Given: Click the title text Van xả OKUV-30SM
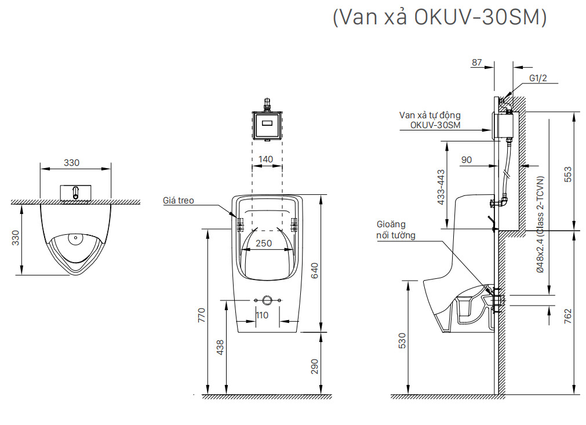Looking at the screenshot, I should coord(440,17).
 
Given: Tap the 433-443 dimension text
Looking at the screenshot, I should coord(441,187).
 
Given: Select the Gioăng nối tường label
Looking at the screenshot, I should coord(396,230).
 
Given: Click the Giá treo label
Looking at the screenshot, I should coord(179,201).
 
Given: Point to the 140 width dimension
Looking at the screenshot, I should coord(266,158).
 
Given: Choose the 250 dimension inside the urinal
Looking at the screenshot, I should coord(264,244).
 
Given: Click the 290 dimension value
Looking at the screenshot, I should coord(315,366).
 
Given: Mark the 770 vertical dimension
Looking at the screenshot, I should coord(201,315).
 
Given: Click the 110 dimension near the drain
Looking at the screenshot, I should coord(262,315).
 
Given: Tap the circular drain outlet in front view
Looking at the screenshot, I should coord(267,300).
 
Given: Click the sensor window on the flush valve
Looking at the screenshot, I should coord(267,122).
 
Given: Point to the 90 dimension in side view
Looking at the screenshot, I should coord(467,159).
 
